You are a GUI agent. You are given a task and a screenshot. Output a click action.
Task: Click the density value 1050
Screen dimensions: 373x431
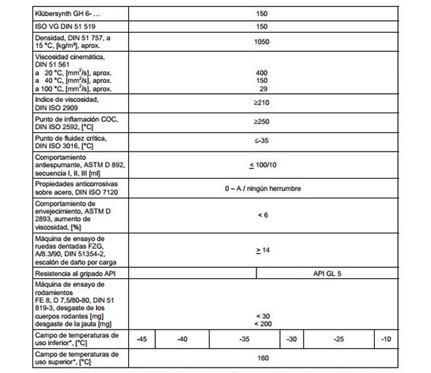tap(261, 41)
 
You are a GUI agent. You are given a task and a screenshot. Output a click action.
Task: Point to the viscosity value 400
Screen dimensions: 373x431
tap(261, 73)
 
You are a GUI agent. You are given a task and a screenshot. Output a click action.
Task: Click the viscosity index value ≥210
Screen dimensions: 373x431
tap(261, 103)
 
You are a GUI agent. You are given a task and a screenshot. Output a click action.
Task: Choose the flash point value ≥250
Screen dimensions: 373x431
tap(261, 122)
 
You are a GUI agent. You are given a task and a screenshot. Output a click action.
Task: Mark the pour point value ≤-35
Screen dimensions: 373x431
tap(261, 141)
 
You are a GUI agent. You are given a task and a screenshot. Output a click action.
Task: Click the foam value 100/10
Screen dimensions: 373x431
tap(261, 165)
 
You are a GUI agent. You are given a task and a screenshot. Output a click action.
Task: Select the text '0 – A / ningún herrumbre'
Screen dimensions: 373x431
tap(262, 189)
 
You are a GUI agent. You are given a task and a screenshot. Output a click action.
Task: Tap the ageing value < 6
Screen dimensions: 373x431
tap(262, 215)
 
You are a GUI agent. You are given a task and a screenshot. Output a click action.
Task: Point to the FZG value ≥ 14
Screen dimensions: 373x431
tap(262, 250)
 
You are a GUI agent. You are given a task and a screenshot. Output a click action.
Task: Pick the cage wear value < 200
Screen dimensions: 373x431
tap(262, 324)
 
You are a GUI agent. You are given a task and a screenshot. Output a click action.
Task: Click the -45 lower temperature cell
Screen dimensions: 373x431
tap(141, 339)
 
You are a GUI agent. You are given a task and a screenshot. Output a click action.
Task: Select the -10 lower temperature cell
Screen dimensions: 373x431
tap(386, 339)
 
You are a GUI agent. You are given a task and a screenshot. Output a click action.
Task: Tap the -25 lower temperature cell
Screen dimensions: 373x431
tap(339, 339)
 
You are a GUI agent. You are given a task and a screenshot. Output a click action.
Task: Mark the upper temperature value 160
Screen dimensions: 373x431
tap(262, 358)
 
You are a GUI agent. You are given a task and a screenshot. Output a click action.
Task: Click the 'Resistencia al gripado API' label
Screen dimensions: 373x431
tap(75, 274)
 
